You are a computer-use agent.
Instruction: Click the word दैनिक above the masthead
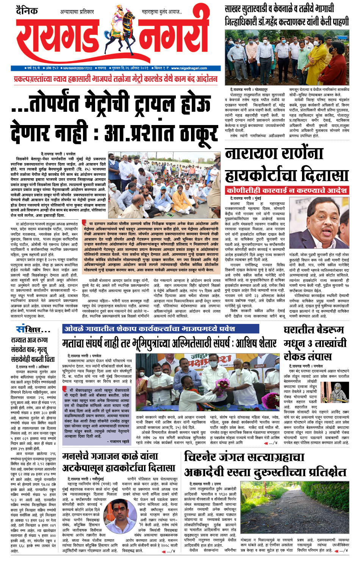tap(27, 10)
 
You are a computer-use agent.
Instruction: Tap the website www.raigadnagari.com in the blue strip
tap(189, 68)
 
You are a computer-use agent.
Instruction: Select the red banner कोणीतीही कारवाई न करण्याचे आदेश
tap(286, 190)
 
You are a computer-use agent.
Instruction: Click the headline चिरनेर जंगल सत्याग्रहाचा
tap(244, 457)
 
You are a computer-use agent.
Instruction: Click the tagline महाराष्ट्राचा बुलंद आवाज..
tap(161, 12)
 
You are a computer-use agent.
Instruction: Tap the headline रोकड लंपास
tap(307, 356)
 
